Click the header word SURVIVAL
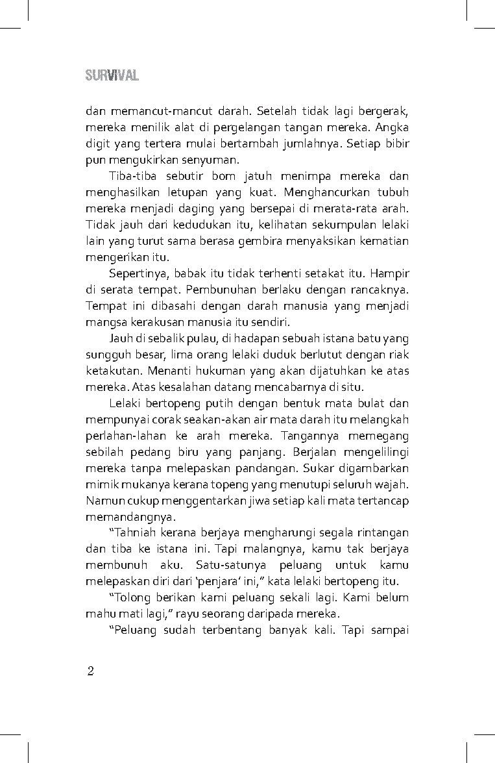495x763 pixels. (112, 75)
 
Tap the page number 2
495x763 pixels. (91, 671)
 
